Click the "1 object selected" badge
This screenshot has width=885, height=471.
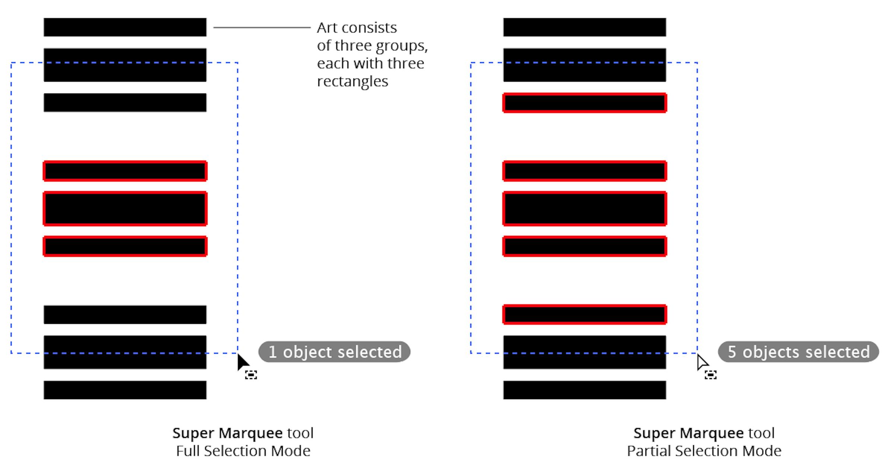coord(334,352)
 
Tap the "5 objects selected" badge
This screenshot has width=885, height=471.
coord(798,352)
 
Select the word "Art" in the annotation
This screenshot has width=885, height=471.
coord(327,28)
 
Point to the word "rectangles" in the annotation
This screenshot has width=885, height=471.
coord(352,81)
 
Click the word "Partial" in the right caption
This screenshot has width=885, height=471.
coord(649,451)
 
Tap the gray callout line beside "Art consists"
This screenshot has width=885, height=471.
coord(261,27)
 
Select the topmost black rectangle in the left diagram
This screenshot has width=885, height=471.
coord(125,27)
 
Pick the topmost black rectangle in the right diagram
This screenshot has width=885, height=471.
coord(584,27)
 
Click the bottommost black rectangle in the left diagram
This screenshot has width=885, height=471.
coord(125,390)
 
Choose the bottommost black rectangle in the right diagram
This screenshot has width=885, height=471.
coord(584,390)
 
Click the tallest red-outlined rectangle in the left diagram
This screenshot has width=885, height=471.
coord(125,209)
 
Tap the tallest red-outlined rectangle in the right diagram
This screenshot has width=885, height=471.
coord(584,209)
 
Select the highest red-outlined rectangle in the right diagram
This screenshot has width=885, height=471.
coord(584,103)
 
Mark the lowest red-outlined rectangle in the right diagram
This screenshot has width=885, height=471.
coord(584,314)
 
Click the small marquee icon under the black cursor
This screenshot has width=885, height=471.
coord(251,374)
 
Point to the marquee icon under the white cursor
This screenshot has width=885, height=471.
coord(711,374)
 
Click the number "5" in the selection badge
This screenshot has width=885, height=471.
coord(732,352)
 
